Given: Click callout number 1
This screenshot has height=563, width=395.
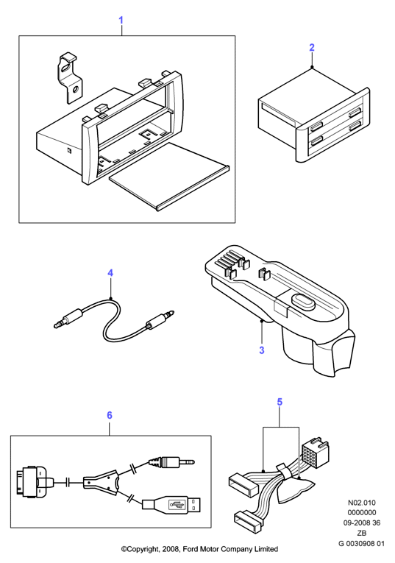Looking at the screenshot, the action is (x=121, y=20).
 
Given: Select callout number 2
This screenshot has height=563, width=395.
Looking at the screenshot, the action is (x=312, y=47).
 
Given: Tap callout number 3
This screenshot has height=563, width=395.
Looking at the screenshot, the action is (x=262, y=350).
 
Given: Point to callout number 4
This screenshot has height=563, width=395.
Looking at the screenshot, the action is (x=110, y=273).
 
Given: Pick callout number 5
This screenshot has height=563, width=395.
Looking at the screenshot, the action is (x=280, y=402).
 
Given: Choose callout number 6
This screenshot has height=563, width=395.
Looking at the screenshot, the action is (x=110, y=415).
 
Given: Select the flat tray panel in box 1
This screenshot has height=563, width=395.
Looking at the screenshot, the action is (x=168, y=176).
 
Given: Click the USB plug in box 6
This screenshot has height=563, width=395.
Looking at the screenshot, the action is (x=171, y=504).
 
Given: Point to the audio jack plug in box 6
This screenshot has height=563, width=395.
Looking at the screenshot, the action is (x=171, y=461).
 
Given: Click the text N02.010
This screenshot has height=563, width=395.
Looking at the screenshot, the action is (x=362, y=503).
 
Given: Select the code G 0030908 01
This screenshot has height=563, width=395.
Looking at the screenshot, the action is (x=361, y=543).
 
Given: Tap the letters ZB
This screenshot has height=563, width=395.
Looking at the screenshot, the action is (x=362, y=534).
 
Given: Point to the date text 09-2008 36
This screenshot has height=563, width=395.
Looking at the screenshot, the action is (x=362, y=523).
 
